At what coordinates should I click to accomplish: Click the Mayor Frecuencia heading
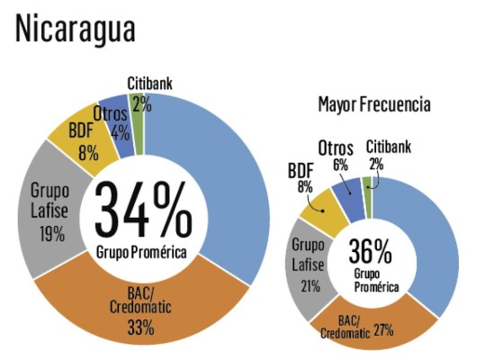coord(373,104)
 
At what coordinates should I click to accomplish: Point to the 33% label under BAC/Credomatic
coord(140,328)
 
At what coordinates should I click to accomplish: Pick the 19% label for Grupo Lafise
coord(52,235)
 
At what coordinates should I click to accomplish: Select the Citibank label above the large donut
coord(149,84)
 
